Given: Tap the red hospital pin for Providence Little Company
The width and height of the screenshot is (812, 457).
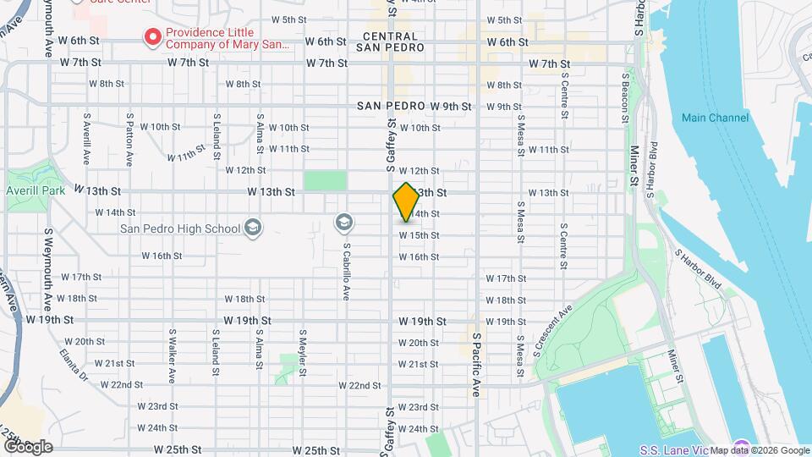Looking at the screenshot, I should coord(153,37).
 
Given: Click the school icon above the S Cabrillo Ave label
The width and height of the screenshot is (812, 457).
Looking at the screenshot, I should coord(343,223).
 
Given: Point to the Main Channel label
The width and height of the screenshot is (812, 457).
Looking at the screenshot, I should coord(715,118).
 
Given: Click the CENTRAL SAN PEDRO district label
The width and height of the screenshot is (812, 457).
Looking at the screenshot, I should coord(390,42).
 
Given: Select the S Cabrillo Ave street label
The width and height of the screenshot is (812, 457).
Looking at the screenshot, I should coord(347,272).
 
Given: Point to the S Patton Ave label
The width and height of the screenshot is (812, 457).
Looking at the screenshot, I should coord(129,140).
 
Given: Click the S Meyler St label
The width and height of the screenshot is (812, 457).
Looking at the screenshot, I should coord(302,352).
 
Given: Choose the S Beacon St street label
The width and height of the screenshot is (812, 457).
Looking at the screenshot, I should coord(626,96).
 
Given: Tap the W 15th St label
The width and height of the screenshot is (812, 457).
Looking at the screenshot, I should coord(419,235).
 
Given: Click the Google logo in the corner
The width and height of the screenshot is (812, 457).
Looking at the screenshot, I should coord(27,446).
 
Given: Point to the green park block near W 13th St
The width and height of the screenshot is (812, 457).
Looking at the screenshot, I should coord(326,181).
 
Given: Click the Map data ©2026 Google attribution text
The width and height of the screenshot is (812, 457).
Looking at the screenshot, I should coord(759,450).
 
